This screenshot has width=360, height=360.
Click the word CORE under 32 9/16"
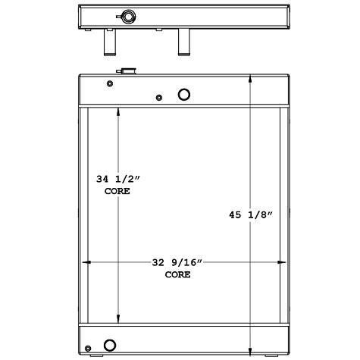pos(178,274)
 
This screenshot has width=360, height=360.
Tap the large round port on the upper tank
pos(184,95)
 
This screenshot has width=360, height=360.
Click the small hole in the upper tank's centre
pos(158,97)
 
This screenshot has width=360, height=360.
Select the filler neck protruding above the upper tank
pos(124,71)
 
